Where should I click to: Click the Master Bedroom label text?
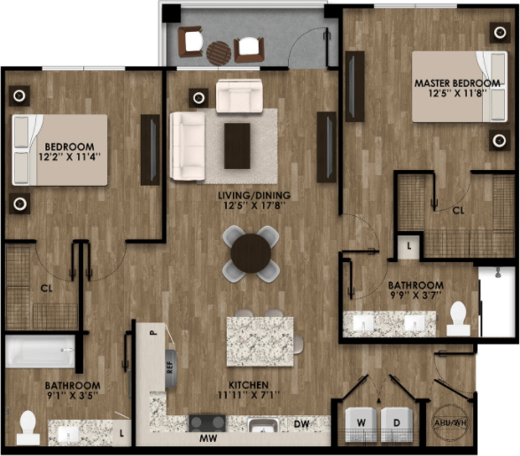457,83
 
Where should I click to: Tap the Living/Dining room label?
254,196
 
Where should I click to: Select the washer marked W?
361,425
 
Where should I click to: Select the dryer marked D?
397,425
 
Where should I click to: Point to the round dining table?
251,253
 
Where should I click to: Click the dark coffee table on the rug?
237,146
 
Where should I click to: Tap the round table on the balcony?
219,53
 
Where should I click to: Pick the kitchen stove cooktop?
207,423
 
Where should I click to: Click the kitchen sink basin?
264,425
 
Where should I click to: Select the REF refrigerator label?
170,367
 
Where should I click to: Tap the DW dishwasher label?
301,424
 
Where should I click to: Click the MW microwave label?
208,438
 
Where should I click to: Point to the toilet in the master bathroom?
458,319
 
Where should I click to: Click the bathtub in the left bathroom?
41,352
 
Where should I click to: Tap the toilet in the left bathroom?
28,428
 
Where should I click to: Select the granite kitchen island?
260,342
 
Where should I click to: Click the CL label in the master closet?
459,210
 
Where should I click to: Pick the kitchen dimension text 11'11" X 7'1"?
249,395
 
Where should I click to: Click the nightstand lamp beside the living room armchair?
198,97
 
